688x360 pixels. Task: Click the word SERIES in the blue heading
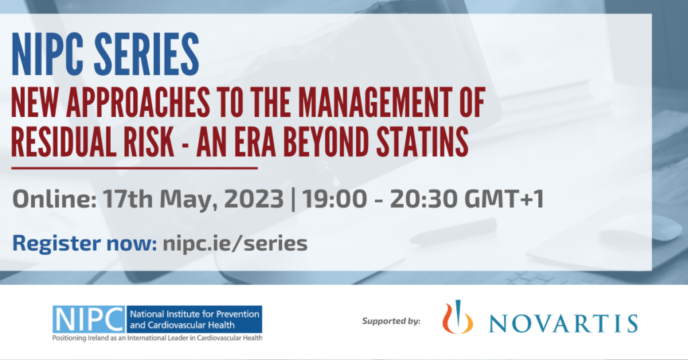[x=146, y=55]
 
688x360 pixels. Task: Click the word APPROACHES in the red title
[x=138, y=103]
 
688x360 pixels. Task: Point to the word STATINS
[x=422, y=142]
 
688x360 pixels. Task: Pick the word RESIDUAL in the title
[x=64, y=142]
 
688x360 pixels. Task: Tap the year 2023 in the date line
[x=254, y=199]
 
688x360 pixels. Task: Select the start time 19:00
[x=335, y=199]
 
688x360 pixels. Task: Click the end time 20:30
[x=423, y=199]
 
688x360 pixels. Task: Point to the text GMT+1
[x=505, y=199]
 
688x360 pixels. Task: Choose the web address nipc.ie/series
[x=235, y=243]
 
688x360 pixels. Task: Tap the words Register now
[x=84, y=244]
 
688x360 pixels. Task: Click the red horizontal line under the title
[x=134, y=167]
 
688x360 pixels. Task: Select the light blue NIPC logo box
[x=89, y=319]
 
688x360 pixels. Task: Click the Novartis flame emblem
[x=457, y=317]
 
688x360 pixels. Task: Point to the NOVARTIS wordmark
[x=564, y=323]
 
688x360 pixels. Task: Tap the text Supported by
[x=391, y=321]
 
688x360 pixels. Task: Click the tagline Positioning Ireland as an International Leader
[x=157, y=338]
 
